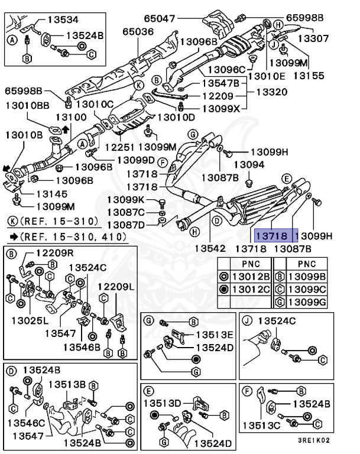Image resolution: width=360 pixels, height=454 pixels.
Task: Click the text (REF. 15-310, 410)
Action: [x=74, y=237]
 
